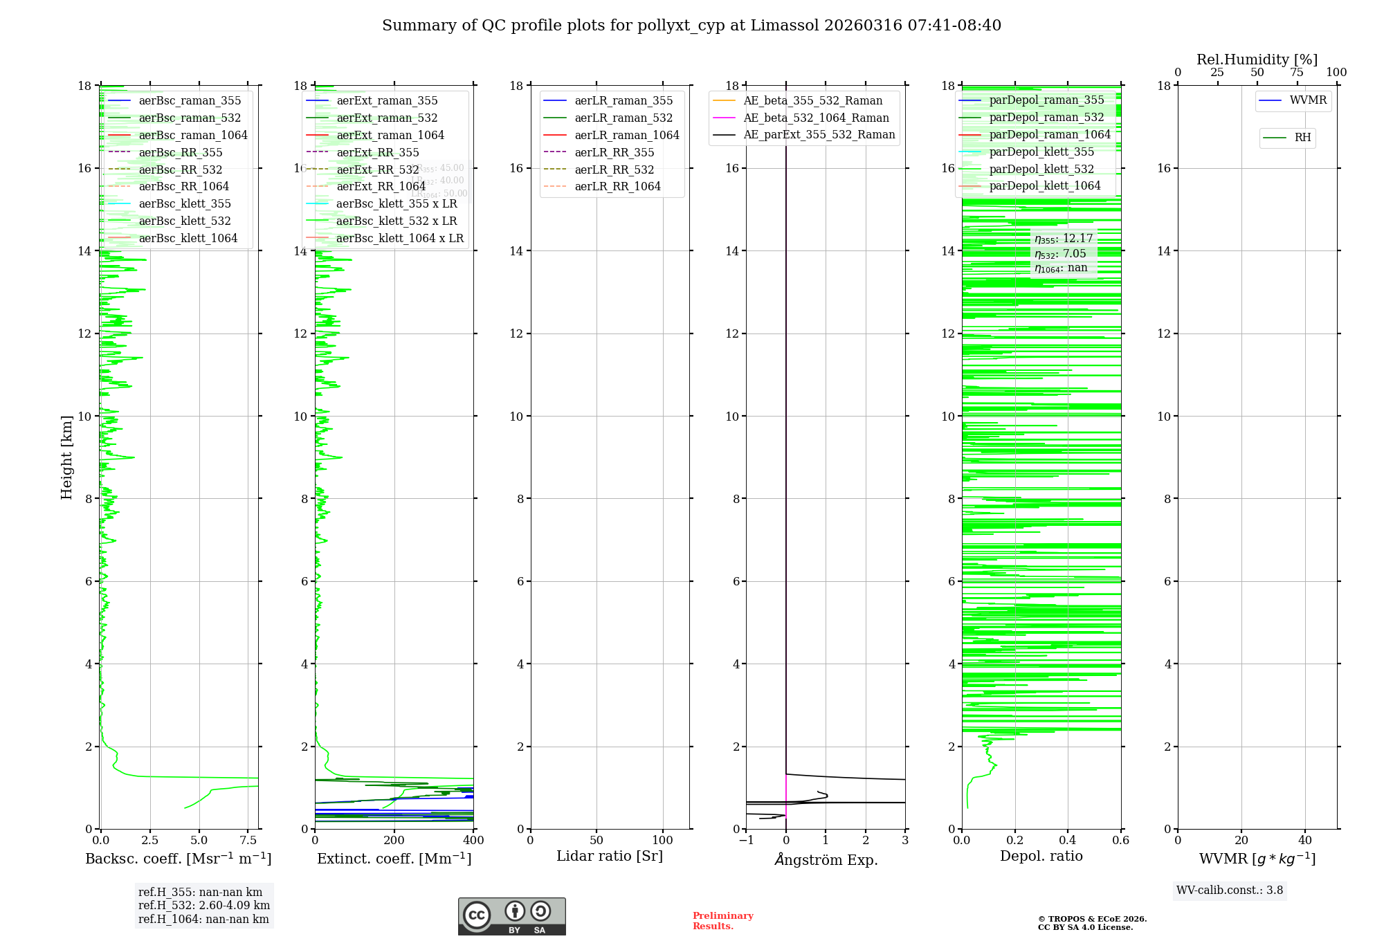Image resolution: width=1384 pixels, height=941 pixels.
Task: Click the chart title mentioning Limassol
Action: pyautogui.click(x=691, y=26)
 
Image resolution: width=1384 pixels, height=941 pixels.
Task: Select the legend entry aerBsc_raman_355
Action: pyautogui.click(x=190, y=100)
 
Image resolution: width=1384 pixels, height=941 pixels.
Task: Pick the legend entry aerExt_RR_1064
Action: pyautogui.click(x=381, y=187)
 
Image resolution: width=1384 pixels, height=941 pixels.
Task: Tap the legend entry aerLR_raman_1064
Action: pyautogui.click(x=626, y=135)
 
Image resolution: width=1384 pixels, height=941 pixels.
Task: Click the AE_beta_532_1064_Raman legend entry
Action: pyautogui.click(x=816, y=118)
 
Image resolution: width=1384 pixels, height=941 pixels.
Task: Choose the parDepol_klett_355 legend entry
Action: pyautogui.click(x=1041, y=152)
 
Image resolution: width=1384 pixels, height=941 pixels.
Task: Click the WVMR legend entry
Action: pyautogui.click(x=1308, y=100)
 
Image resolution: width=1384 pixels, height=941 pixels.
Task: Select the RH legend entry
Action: pyautogui.click(x=1302, y=138)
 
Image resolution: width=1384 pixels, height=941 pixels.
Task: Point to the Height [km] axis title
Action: pyautogui.click(x=66, y=457)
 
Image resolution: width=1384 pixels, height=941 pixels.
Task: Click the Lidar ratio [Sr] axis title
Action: pyautogui.click(x=610, y=856)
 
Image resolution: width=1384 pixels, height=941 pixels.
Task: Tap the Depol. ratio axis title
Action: pyautogui.click(x=1041, y=856)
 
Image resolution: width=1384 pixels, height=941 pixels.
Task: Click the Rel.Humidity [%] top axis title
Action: pyautogui.click(x=1257, y=60)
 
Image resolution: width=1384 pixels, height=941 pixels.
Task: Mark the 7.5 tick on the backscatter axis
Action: pyautogui.click(x=248, y=841)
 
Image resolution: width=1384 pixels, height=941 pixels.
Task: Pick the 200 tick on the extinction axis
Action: pyautogui.click(x=394, y=841)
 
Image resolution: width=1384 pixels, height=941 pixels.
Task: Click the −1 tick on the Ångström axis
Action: pyautogui.click(x=746, y=841)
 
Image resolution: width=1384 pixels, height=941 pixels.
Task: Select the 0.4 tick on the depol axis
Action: pyautogui.click(x=1068, y=841)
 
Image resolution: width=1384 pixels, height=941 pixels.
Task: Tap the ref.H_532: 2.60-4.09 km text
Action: pyautogui.click(x=204, y=906)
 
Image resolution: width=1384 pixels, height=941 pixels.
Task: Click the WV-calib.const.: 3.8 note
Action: pyautogui.click(x=1230, y=890)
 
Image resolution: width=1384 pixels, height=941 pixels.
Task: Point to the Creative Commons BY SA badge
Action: pyautogui.click(x=511, y=916)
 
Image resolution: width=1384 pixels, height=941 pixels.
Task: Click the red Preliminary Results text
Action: pyautogui.click(x=722, y=921)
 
